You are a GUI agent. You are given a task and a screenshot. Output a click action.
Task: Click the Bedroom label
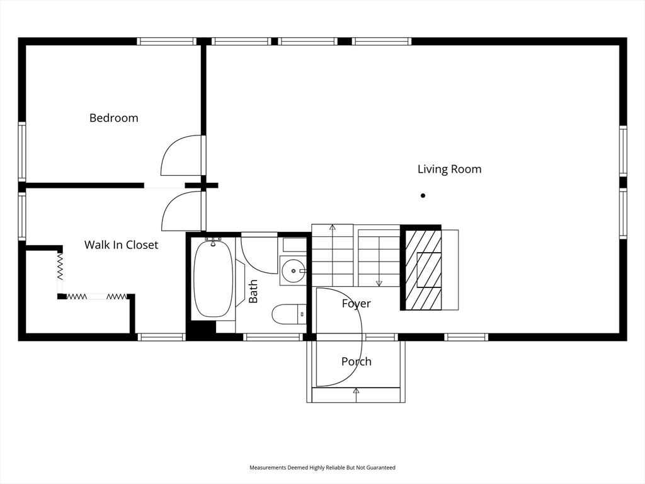tap(113, 118)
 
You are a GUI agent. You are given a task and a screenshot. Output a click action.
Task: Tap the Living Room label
tap(449, 169)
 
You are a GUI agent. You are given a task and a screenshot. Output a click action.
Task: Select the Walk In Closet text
tap(121, 245)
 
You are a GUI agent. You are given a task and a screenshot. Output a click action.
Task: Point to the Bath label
tap(253, 291)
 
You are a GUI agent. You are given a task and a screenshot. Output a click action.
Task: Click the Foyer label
tap(357, 304)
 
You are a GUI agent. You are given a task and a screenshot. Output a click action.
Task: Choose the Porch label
tap(357, 361)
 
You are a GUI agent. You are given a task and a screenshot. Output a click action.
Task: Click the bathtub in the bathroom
tap(213, 279)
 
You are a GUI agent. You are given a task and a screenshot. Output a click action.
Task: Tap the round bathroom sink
tap(294, 271)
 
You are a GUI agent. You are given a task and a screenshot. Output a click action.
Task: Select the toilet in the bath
tap(289, 314)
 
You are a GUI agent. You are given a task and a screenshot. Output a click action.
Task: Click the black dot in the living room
tap(423, 195)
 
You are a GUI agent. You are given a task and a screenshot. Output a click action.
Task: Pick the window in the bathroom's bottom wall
tap(273, 337)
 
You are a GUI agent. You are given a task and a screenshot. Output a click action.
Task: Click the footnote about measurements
tap(322, 468)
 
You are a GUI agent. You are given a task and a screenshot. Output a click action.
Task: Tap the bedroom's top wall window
tap(166, 41)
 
